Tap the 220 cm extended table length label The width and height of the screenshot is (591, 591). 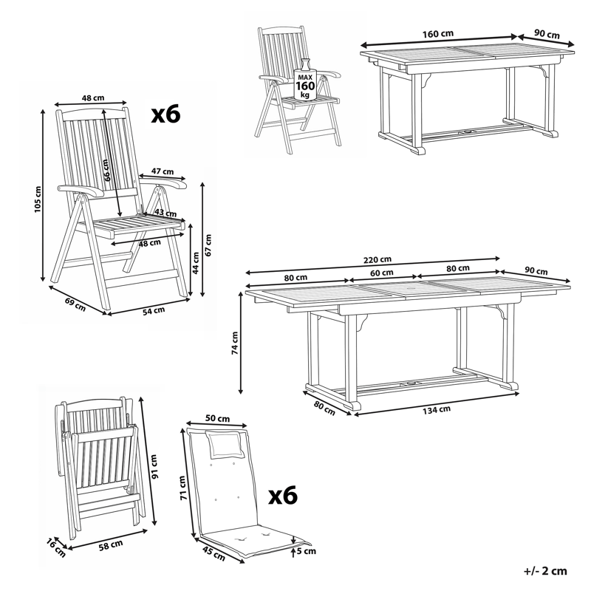pyautogui.click(x=377, y=259)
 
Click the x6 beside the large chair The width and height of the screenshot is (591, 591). pyautogui.click(x=165, y=113)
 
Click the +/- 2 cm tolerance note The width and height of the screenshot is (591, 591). pyautogui.click(x=545, y=570)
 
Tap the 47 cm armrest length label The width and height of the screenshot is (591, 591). pyautogui.click(x=157, y=171)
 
